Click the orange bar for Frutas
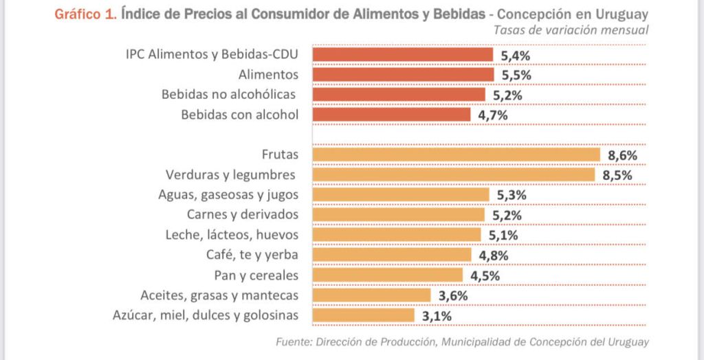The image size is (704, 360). click(x=456, y=155)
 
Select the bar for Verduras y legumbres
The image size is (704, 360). click(x=454, y=175)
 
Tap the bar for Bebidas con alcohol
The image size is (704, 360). click(x=392, y=115)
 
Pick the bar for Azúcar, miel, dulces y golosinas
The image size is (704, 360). click(x=364, y=315)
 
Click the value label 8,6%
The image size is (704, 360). click(x=621, y=155)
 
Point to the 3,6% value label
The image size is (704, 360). click(x=453, y=295)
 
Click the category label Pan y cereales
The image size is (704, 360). click(x=256, y=275)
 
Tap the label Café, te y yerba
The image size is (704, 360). click(x=252, y=256)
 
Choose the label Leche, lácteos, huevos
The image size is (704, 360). click(x=232, y=235)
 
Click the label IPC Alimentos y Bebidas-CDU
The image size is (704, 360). click(x=212, y=54)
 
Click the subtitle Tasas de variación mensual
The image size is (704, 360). click(x=571, y=30)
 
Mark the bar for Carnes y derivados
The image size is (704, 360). click(x=398, y=215)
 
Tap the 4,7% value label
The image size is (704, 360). click(x=492, y=115)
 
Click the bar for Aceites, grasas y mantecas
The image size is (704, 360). click(x=371, y=295)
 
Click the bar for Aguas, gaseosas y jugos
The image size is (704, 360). click(x=401, y=195)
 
